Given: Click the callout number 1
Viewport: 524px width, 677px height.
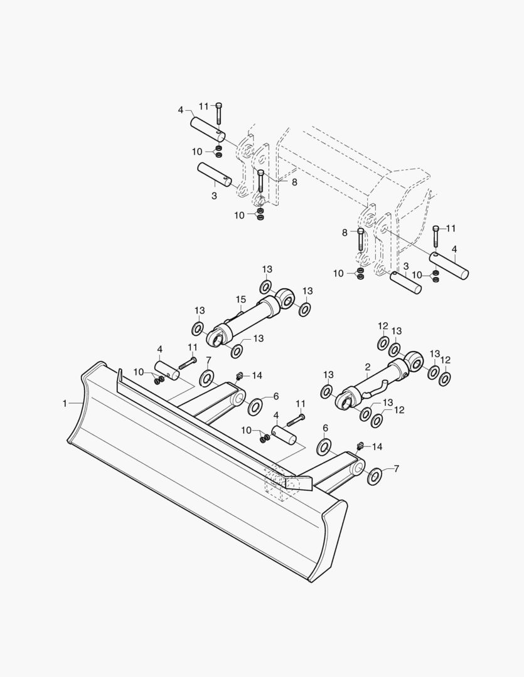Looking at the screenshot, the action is click(65, 404).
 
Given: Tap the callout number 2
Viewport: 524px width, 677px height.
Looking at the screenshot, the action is click(368, 367).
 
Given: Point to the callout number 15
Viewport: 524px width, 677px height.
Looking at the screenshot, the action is click(241, 300).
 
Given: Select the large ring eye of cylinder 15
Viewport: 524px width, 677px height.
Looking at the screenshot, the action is click(284, 298).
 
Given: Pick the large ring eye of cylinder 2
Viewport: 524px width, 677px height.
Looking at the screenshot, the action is click(414, 362).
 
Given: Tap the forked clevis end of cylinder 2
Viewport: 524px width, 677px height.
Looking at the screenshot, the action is click(347, 400).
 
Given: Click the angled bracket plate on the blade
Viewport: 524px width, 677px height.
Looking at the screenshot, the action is click(297, 482).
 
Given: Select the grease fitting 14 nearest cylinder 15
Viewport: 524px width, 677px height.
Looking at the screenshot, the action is click(238, 376).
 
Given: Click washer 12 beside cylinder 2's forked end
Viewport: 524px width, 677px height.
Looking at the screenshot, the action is click(378, 420).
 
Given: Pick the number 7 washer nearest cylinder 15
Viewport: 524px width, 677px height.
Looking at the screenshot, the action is click(206, 378).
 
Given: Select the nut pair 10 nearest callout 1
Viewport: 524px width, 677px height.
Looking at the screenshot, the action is click(159, 380).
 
